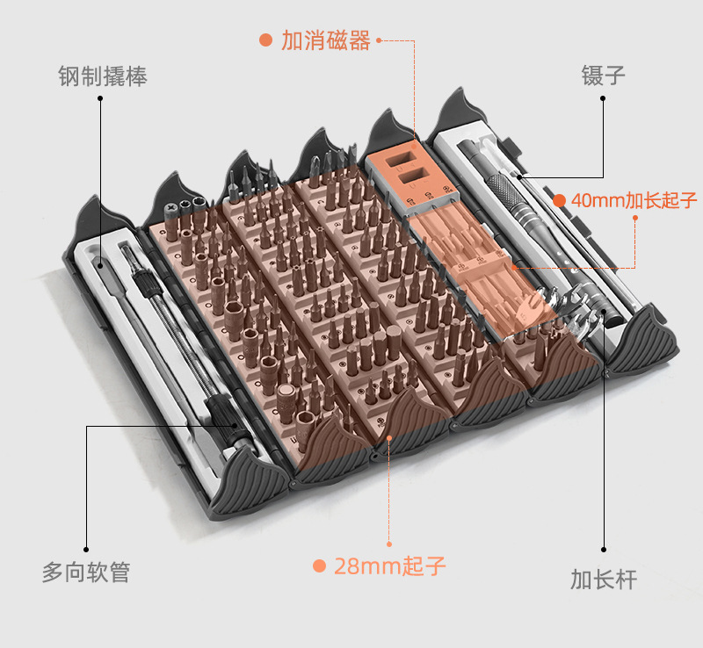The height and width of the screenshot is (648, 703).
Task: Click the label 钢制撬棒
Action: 102,76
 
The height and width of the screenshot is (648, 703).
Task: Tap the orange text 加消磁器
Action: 325,40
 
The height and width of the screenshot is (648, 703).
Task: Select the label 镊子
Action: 603,75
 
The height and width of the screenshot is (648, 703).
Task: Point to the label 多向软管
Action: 86,572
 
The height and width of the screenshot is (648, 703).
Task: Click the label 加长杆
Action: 603,579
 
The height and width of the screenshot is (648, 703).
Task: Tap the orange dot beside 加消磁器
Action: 265,40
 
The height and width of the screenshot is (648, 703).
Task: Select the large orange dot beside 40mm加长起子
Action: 560,200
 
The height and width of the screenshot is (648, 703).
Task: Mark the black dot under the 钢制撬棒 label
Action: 101,97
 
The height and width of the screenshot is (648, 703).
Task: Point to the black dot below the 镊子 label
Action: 603,97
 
